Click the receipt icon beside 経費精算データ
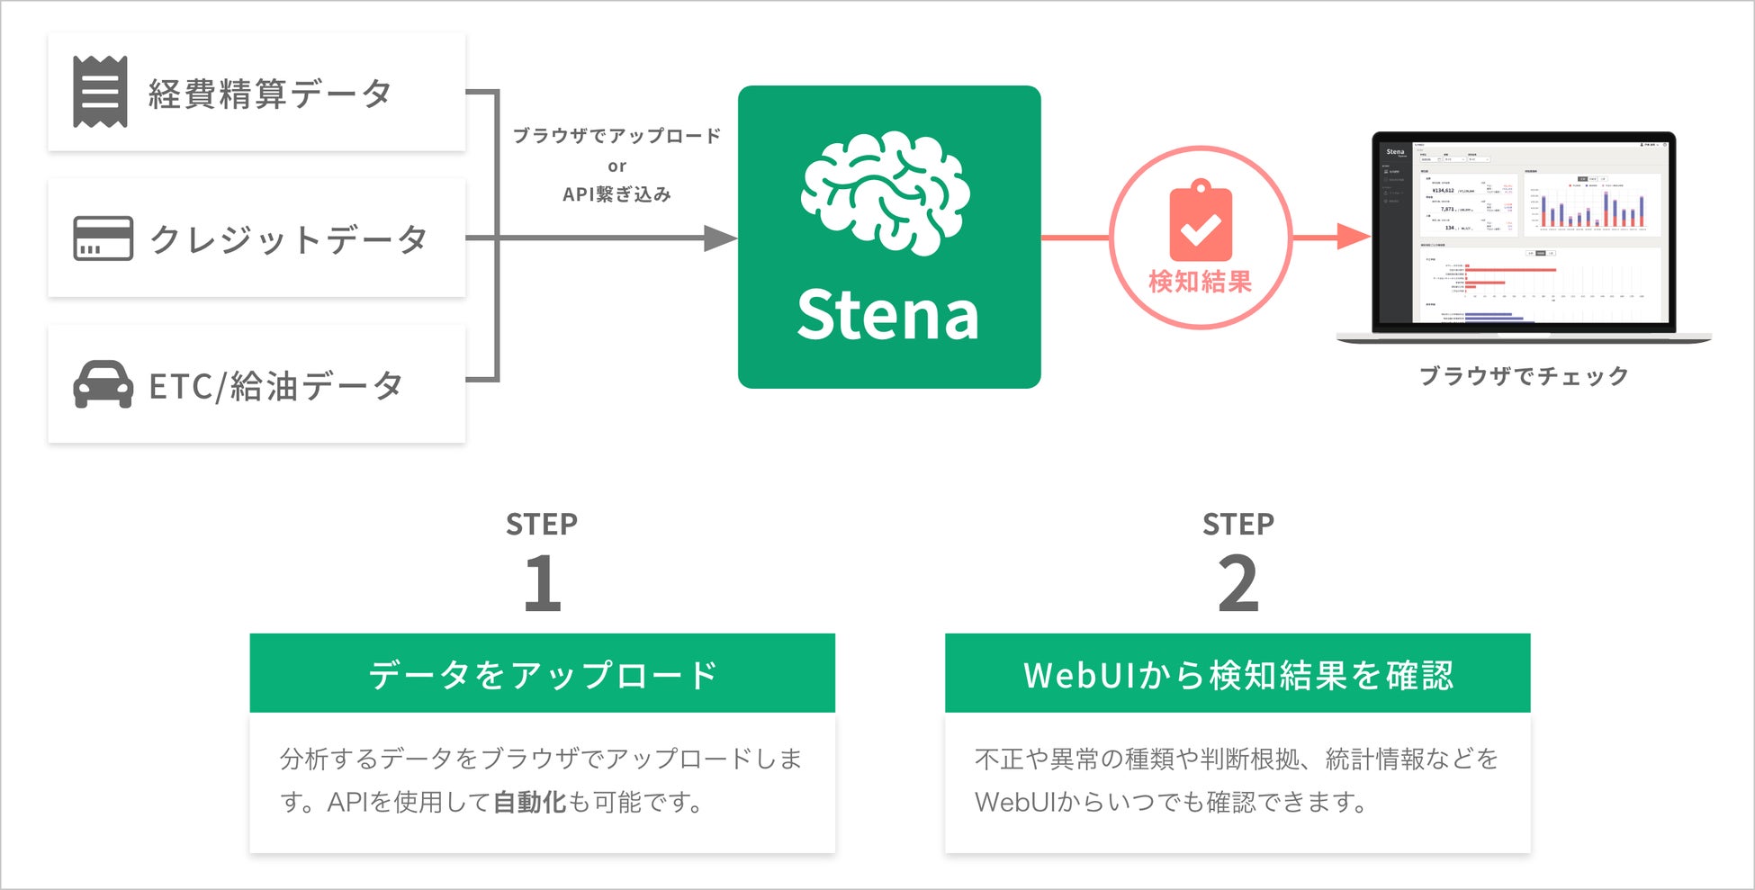click(100, 93)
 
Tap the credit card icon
click(103, 238)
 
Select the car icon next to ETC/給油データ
click(103, 384)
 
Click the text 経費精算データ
click(270, 94)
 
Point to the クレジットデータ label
click(288, 239)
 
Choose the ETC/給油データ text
click(275, 386)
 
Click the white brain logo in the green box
click(886, 193)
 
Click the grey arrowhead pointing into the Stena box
click(720, 238)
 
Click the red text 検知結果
click(1201, 282)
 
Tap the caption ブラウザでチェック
click(1524, 375)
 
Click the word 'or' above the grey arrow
click(616, 166)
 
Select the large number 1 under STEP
click(543, 583)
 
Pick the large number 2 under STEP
click(1238, 583)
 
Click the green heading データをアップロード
click(543, 674)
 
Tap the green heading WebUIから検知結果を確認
click(1237, 674)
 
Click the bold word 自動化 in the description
click(529, 801)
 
